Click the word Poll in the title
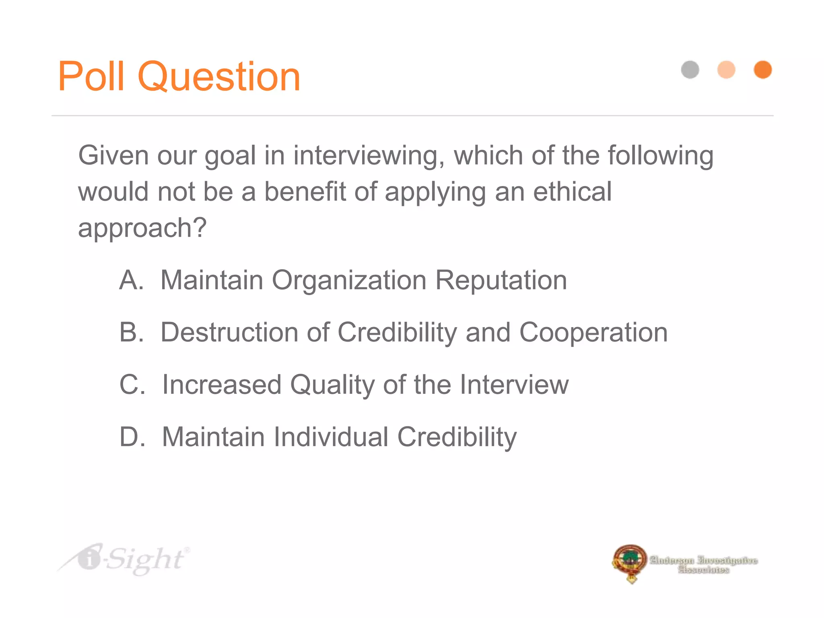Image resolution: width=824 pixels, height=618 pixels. tap(91, 76)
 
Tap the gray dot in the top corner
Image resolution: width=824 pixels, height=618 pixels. tap(690, 70)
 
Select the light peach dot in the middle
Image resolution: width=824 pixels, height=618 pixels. tap(726, 70)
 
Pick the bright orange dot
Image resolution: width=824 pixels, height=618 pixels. tap(762, 70)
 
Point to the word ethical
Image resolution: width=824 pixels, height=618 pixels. tap(572, 192)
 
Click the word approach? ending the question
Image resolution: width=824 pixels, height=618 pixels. tap(142, 229)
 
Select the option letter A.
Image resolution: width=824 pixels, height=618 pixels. tap(131, 280)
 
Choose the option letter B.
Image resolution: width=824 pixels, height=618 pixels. tap(131, 332)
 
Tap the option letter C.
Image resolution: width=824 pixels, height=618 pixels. tap(132, 385)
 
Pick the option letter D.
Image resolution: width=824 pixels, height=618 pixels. tap(132, 437)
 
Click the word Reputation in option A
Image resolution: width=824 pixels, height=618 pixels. tap(501, 280)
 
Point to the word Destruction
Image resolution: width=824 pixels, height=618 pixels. tap(229, 332)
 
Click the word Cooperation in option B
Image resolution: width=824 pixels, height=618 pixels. tap(593, 333)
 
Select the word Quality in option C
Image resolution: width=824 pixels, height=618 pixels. tap(332, 385)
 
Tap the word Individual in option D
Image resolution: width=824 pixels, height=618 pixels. tap(331, 437)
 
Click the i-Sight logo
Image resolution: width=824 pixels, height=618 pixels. tap(125, 559)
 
